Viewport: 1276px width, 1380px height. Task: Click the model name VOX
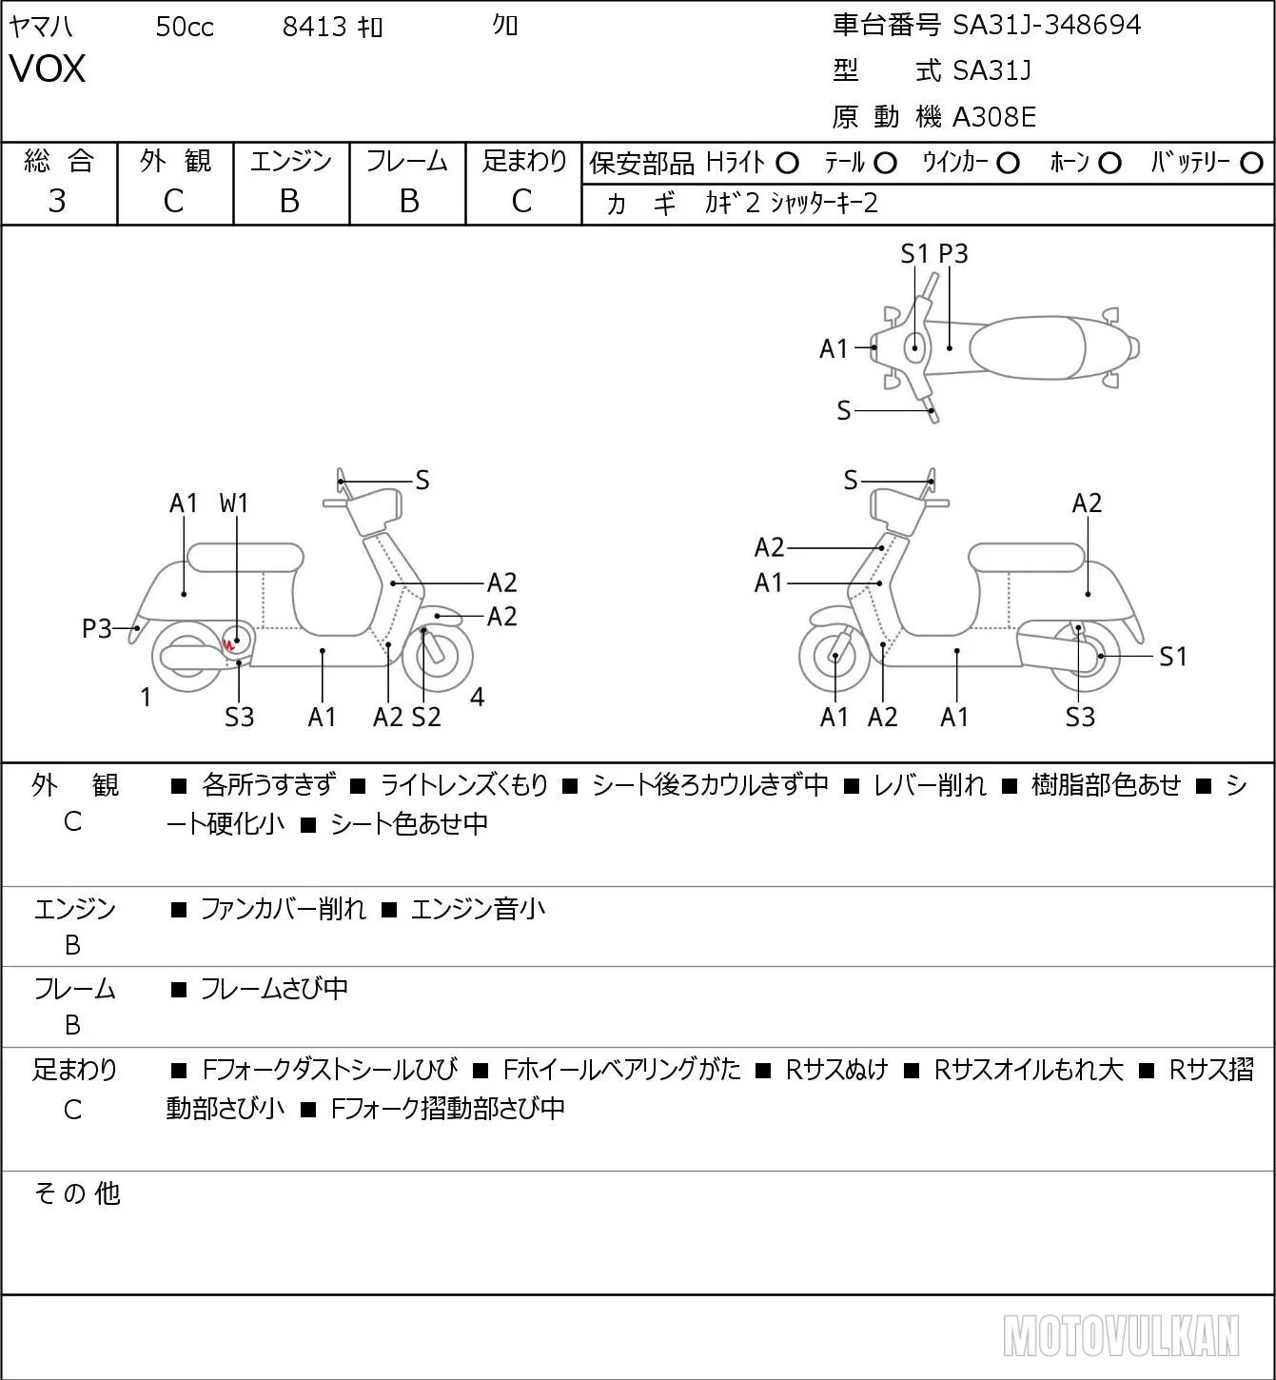[48, 69]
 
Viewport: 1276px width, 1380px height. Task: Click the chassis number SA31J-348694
[1047, 26]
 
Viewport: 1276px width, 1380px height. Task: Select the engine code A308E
[993, 117]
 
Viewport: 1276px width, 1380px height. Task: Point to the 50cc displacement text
[185, 27]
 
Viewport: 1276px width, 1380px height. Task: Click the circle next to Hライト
[787, 164]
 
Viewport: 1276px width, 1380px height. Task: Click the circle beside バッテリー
[1251, 164]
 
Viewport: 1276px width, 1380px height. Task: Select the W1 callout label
[233, 503]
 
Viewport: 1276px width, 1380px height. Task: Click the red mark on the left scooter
[228, 645]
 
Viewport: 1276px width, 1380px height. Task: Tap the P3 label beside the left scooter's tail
[97, 629]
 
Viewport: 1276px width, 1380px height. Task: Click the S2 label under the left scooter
[426, 717]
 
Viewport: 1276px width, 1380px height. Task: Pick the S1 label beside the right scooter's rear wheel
[1173, 657]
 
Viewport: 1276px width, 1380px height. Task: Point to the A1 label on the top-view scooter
[834, 349]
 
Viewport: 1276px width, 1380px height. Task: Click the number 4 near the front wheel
[477, 697]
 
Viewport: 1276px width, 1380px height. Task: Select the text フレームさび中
[274, 988]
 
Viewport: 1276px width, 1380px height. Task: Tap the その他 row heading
[77, 1193]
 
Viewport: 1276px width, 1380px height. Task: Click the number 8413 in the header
[314, 27]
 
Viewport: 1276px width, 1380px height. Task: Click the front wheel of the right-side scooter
[834, 658]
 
